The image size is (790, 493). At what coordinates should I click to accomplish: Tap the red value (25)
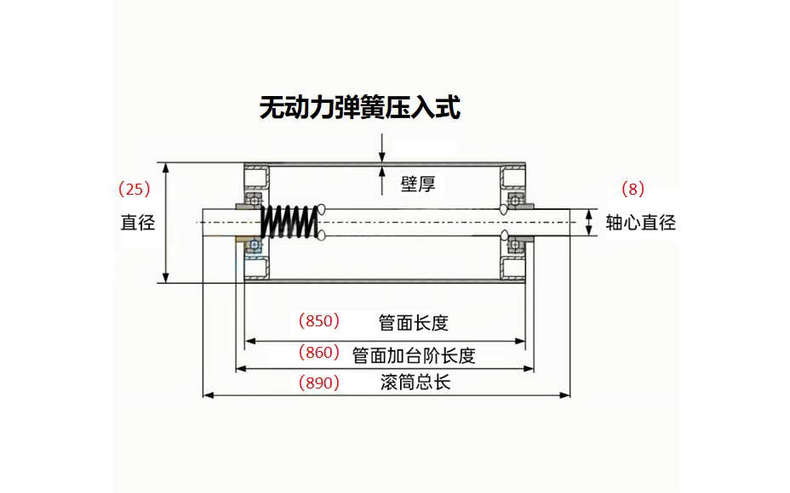click(135, 188)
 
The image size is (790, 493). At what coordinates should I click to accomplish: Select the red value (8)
click(633, 188)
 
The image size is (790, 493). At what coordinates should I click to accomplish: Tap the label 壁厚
click(417, 184)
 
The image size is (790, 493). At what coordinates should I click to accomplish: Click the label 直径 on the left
click(137, 223)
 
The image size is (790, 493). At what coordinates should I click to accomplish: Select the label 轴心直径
click(640, 223)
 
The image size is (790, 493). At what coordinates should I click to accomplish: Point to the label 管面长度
click(413, 323)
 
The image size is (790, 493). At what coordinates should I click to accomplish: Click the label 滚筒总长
click(415, 382)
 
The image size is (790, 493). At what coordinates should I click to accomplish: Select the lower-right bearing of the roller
click(515, 246)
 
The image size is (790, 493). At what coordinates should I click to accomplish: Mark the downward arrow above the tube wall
click(382, 150)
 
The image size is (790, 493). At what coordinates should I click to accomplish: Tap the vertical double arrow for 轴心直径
click(588, 223)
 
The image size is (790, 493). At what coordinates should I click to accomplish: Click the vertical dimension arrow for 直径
click(167, 223)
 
